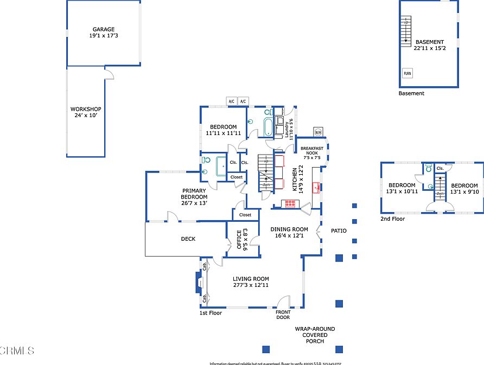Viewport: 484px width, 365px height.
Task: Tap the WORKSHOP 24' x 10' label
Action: (x=86, y=112)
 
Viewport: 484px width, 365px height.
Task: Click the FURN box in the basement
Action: (x=406, y=73)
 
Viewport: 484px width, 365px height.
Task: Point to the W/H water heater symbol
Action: (x=318, y=132)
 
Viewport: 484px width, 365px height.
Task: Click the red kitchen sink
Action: (x=316, y=188)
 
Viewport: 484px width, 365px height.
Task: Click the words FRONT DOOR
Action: (x=283, y=315)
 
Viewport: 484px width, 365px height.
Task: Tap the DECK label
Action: (x=188, y=239)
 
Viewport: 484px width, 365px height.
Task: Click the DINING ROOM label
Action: (x=289, y=232)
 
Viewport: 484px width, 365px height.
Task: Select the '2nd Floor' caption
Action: (x=392, y=219)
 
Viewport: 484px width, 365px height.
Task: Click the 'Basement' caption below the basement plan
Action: (x=411, y=93)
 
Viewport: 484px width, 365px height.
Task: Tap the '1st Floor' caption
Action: (x=211, y=313)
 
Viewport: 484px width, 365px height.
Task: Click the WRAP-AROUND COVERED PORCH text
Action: (x=315, y=335)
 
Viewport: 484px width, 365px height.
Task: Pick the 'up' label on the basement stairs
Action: (x=406, y=22)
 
